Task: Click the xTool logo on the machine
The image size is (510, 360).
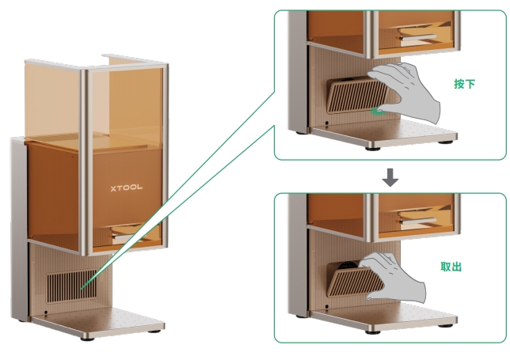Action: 126,188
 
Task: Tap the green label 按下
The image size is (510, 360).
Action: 464,84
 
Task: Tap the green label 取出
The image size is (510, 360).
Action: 451,267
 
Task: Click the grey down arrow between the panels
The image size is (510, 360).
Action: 390,177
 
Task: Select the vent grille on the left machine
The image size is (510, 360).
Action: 71,286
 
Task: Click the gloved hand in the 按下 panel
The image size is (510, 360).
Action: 405,92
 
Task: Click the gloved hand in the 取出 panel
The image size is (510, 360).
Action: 394,277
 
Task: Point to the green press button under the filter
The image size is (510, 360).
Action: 377,112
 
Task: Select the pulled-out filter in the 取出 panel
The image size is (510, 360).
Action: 355,280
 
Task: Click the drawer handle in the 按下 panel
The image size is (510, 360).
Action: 418,36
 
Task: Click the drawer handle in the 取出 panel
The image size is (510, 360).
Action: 418,221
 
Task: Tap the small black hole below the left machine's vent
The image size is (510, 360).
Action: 46,313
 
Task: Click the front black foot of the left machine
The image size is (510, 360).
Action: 87,339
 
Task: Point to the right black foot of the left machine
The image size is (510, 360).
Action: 154,332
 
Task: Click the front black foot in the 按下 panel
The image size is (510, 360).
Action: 373,149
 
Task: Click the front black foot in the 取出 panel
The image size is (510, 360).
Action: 373,332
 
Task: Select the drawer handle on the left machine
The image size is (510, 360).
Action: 125,237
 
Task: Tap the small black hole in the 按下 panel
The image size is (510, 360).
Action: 326,123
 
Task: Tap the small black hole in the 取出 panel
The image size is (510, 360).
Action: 326,307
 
